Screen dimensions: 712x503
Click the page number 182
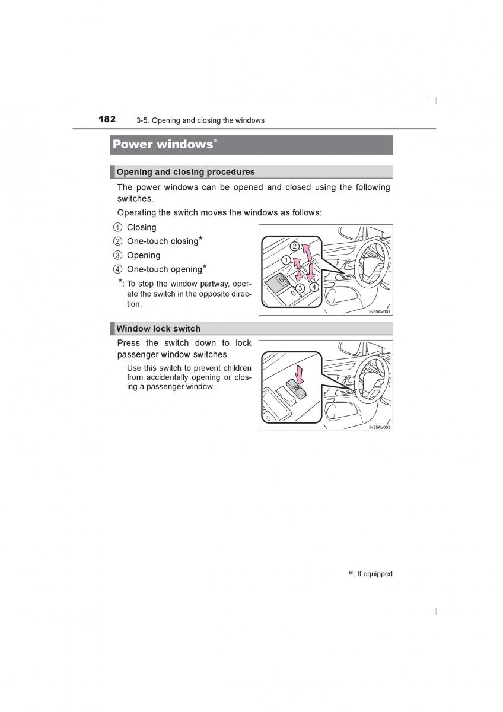point(107,119)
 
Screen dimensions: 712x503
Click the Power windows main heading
point(163,144)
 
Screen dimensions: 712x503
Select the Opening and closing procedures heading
point(186,172)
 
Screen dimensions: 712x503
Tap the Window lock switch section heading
point(158,329)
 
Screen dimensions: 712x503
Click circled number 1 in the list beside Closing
point(117,228)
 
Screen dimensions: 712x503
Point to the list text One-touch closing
point(163,241)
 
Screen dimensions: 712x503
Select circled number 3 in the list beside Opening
point(117,256)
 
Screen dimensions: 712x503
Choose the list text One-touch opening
point(164,269)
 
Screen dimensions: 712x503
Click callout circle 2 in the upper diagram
point(294,246)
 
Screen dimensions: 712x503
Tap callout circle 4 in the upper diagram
point(314,287)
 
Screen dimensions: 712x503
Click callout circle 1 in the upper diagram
point(285,260)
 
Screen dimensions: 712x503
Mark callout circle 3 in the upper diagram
point(300,288)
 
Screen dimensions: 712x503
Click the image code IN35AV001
point(380,311)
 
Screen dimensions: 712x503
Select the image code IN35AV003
point(380,427)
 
